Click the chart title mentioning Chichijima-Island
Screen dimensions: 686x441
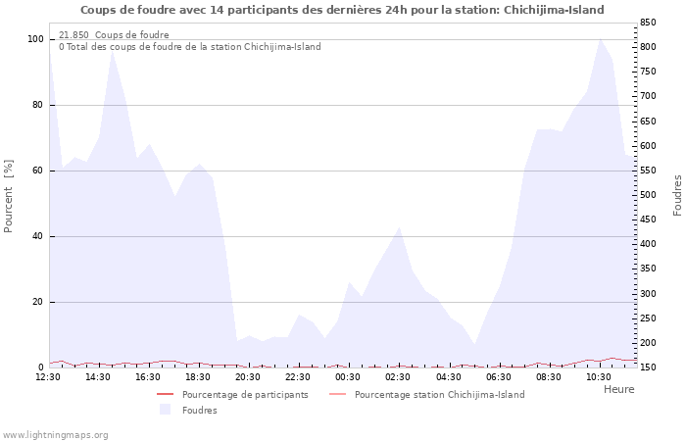click(342, 10)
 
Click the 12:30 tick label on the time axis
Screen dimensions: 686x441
click(48, 377)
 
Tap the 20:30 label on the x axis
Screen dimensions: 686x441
click(248, 377)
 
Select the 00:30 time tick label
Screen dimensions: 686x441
click(348, 377)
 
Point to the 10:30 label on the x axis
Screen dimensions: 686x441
click(599, 377)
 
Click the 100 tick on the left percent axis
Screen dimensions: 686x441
click(36, 39)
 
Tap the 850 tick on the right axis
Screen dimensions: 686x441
click(648, 23)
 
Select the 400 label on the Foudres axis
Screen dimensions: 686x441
click(648, 244)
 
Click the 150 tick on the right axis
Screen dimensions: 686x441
click(648, 367)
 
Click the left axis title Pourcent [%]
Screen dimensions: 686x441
click(8, 196)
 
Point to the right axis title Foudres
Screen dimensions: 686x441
click(677, 196)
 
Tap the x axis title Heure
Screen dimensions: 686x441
click(619, 389)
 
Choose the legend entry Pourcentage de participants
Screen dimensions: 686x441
click(245, 395)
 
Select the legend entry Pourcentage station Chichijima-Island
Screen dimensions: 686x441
click(440, 395)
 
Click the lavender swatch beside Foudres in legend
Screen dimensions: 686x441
click(165, 410)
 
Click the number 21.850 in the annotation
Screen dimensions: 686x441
click(73, 35)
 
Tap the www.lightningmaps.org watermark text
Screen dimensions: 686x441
click(55, 435)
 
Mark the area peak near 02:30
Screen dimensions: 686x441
click(399, 227)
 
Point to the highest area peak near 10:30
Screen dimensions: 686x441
click(600, 38)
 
